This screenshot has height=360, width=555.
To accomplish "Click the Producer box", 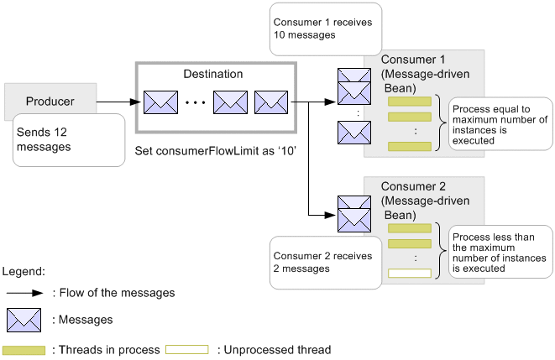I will [50, 102].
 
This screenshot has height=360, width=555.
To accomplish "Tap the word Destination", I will [213, 74].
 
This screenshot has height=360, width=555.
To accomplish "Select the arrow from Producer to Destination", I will [118, 102].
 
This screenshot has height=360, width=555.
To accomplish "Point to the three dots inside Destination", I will [196, 104].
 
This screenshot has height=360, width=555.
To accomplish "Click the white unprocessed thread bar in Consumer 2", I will [409, 273].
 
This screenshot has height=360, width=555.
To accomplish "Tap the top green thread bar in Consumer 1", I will [409, 102].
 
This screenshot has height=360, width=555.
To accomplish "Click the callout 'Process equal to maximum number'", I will [500, 125].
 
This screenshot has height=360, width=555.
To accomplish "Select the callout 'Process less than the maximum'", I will [500, 252].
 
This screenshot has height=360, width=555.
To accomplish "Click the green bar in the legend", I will [24, 349].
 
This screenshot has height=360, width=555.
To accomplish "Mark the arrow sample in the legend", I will [24, 293].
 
